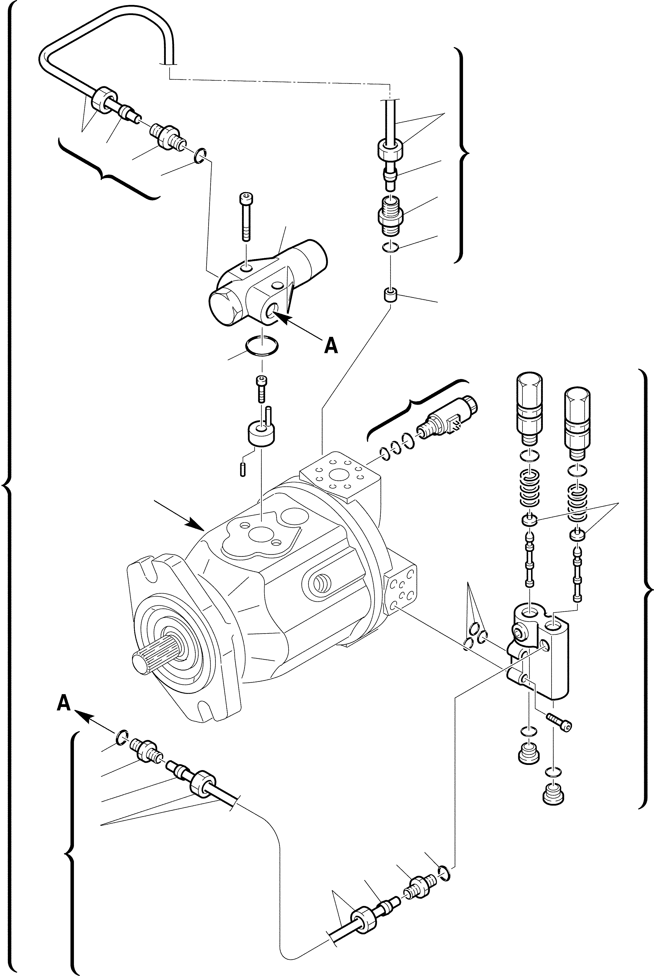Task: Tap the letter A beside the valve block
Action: click(x=331, y=345)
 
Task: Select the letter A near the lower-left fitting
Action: click(x=63, y=704)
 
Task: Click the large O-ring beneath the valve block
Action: click(x=261, y=346)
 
